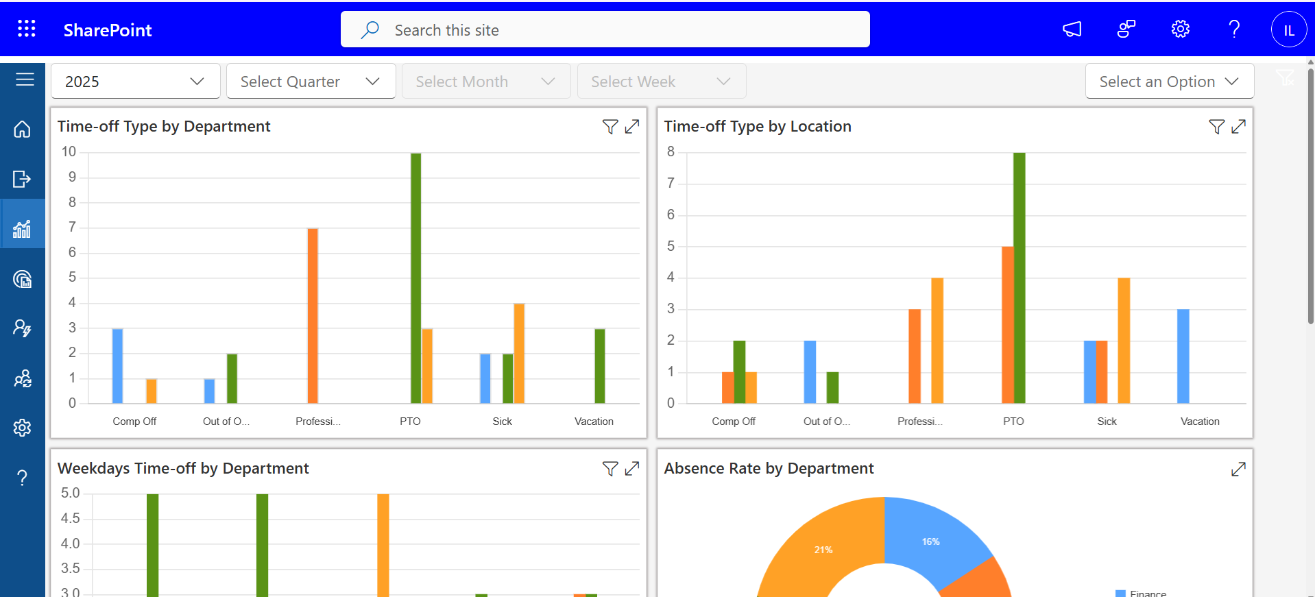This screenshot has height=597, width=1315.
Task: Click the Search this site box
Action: point(605,29)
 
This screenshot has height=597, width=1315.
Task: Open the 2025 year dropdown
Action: point(135,82)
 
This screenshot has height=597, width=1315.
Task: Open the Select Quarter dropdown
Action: point(311,82)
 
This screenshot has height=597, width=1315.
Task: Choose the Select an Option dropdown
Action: point(1169,82)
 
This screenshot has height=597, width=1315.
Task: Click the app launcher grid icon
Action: point(27,29)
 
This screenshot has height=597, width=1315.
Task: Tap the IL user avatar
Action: point(1288,29)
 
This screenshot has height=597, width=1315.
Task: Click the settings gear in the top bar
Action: point(1180,29)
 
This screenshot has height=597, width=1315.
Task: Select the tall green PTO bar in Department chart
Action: point(415,278)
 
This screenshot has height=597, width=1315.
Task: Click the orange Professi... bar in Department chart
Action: point(313,315)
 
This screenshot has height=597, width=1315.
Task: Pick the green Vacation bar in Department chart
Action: point(600,366)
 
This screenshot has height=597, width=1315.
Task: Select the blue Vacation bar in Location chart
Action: point(1183,356)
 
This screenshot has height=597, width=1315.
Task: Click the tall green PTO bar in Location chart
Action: point(1019,278)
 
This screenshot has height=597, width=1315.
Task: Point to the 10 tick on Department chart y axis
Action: point(69,151)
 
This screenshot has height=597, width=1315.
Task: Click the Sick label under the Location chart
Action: point(1107,422)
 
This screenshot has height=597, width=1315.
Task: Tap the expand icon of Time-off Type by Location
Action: point(1238,127)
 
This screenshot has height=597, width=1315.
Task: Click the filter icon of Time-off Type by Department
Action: point(610,127)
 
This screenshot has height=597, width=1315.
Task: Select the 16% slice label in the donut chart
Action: point(930,541)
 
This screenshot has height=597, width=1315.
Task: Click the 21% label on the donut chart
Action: point(823,550)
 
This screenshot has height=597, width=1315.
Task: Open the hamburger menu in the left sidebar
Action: point(25,80)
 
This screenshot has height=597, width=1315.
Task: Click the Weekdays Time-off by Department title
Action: point(183,468)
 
